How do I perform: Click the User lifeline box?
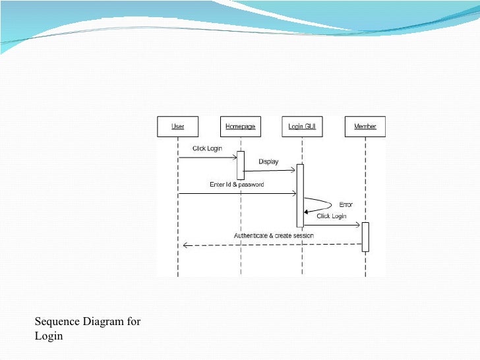178,126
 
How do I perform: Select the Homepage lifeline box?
240,126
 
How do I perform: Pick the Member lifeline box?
365,126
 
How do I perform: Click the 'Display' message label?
268,162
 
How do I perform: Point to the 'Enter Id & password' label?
237,185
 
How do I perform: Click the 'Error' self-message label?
345,204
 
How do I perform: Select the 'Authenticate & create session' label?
274,235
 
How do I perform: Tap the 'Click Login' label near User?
206,148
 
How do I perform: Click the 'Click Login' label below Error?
331,216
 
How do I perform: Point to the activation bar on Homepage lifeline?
241,165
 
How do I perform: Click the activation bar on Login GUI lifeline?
300,195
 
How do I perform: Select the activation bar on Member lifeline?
365,237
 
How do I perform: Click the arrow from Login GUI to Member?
332,225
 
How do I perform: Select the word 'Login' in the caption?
49,336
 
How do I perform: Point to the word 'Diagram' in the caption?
104,322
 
